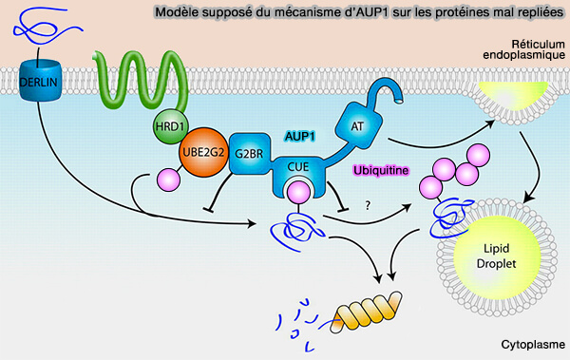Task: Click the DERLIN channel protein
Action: point(39,84)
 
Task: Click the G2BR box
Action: point(251,151)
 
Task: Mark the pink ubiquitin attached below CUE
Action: point(297,193)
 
